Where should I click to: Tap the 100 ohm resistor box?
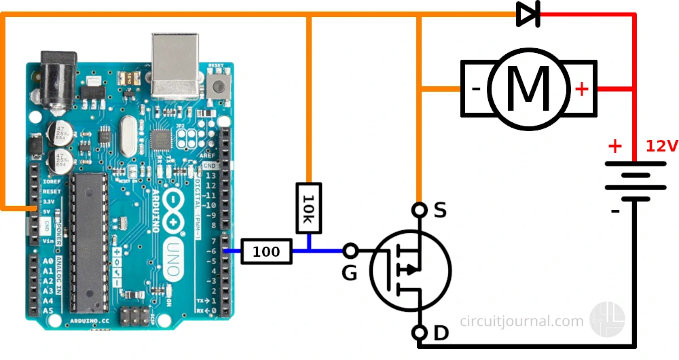[266, 251]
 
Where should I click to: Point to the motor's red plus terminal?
[582, 88]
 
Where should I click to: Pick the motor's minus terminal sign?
[476, 88]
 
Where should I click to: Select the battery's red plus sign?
[614, 145]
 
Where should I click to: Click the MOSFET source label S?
[440, 211]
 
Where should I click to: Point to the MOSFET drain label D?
[441, 334]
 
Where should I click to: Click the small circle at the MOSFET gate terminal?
[350, 251]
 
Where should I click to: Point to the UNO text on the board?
[172, 258]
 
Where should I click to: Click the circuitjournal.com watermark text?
[521, 321]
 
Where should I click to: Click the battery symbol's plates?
[635, 180]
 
